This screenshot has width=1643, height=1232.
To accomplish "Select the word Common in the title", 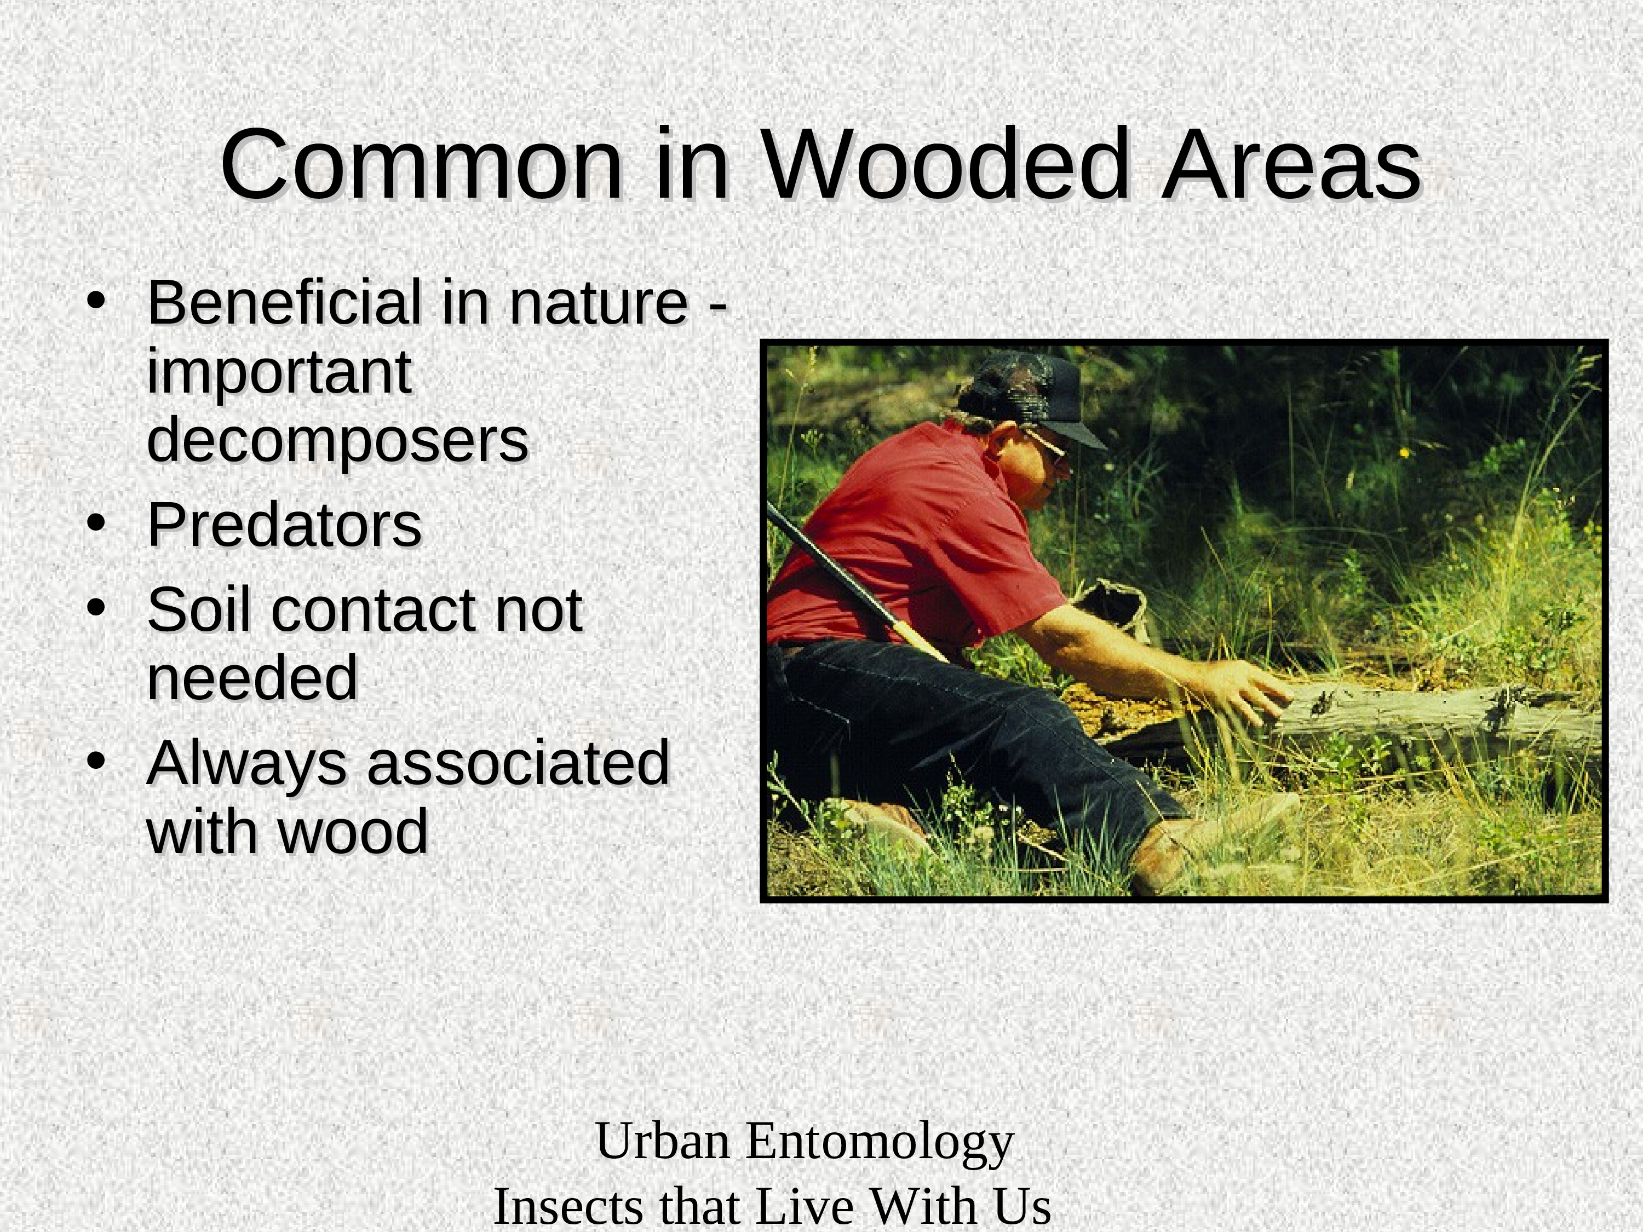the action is pos(421,165).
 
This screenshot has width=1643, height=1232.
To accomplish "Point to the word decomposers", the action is pos(338,440).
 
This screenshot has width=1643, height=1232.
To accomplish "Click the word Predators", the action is pos(284,525).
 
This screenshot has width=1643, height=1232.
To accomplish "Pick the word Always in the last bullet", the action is pos(246,764).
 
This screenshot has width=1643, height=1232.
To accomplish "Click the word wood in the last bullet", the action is pos(354,831).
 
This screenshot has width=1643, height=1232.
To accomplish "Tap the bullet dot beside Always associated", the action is pos(95,762).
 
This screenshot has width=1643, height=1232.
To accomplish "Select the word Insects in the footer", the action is pos(569,1206).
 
